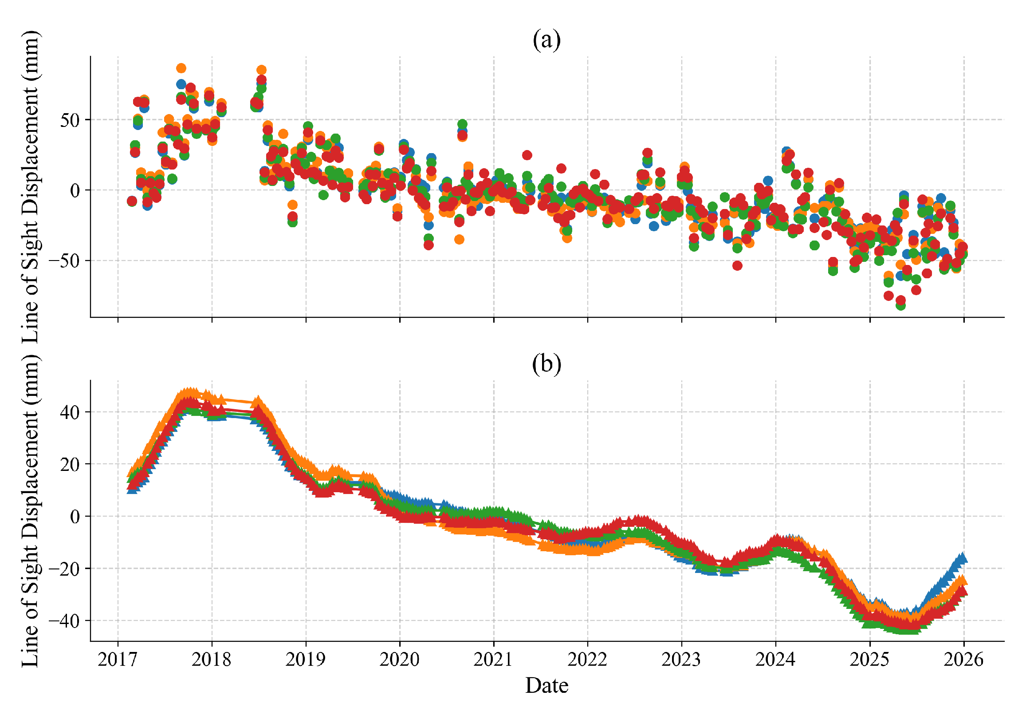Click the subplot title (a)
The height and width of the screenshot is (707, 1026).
click(546, 40)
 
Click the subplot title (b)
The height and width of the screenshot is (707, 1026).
click(546, 364)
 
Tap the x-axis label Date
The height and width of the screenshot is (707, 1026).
click(546, 686)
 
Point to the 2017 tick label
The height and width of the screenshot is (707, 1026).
click(118, 660)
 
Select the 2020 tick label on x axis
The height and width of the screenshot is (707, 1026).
click(399, 660)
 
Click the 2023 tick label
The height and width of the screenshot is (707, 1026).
click(681, 660)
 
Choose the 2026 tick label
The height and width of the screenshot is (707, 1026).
click(963, 660)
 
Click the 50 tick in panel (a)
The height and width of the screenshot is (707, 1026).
click(70, 120)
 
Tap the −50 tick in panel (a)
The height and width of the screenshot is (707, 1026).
click(64, 261)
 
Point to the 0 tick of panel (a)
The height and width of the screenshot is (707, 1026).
click(75, 190)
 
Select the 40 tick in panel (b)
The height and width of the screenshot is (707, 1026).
click(70, 412)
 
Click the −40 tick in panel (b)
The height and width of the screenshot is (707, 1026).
click(64, 621)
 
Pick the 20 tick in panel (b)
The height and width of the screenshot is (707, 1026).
click(70, 464)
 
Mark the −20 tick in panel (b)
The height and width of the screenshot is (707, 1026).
click(64, 569)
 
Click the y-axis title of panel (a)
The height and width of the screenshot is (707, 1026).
click(30, 186)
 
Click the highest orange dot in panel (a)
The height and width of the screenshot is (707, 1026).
click(181, 68)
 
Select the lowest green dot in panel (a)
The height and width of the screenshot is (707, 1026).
click(900, 305)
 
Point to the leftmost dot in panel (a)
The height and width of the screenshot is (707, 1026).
click(132, 201)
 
